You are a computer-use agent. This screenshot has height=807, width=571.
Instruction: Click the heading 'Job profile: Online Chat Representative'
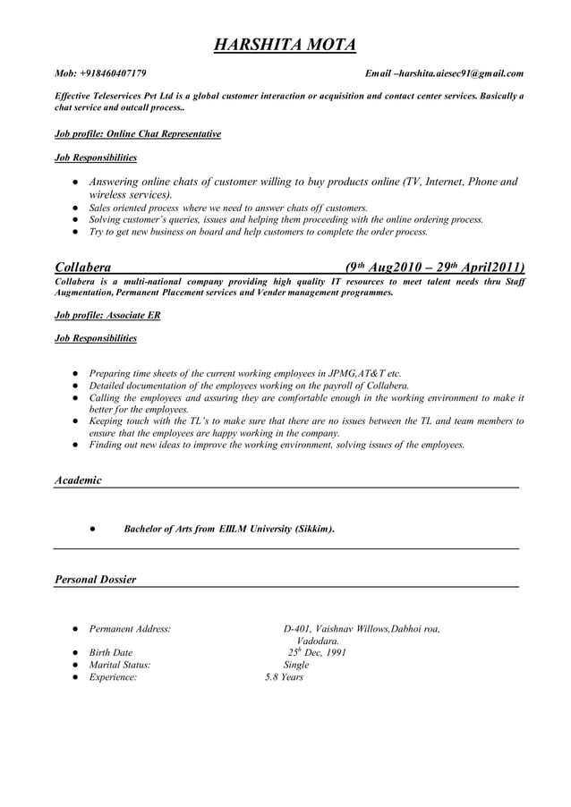point(138,133)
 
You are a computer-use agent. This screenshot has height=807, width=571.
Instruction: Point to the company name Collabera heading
point(83,267)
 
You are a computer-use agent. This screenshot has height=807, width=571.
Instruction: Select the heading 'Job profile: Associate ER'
point(107,315)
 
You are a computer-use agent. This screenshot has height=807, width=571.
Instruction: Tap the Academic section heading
point(78,480)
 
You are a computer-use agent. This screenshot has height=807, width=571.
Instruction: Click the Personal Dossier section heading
point(96,580)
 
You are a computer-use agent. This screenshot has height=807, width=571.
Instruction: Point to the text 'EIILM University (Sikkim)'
point(277,529)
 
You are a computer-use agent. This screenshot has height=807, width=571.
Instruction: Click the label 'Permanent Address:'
point(130,629)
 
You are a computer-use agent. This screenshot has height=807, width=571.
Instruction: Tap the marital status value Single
point(296,665)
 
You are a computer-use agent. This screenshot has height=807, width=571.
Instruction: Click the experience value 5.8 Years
point(284,677)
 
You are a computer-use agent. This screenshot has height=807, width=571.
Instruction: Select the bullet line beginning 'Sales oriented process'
point(228,207)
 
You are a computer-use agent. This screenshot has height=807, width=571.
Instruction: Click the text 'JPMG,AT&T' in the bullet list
point(358,372)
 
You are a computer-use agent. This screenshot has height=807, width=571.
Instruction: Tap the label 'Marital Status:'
point(120,665)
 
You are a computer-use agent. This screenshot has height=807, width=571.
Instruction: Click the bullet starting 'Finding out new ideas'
point(277,444)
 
